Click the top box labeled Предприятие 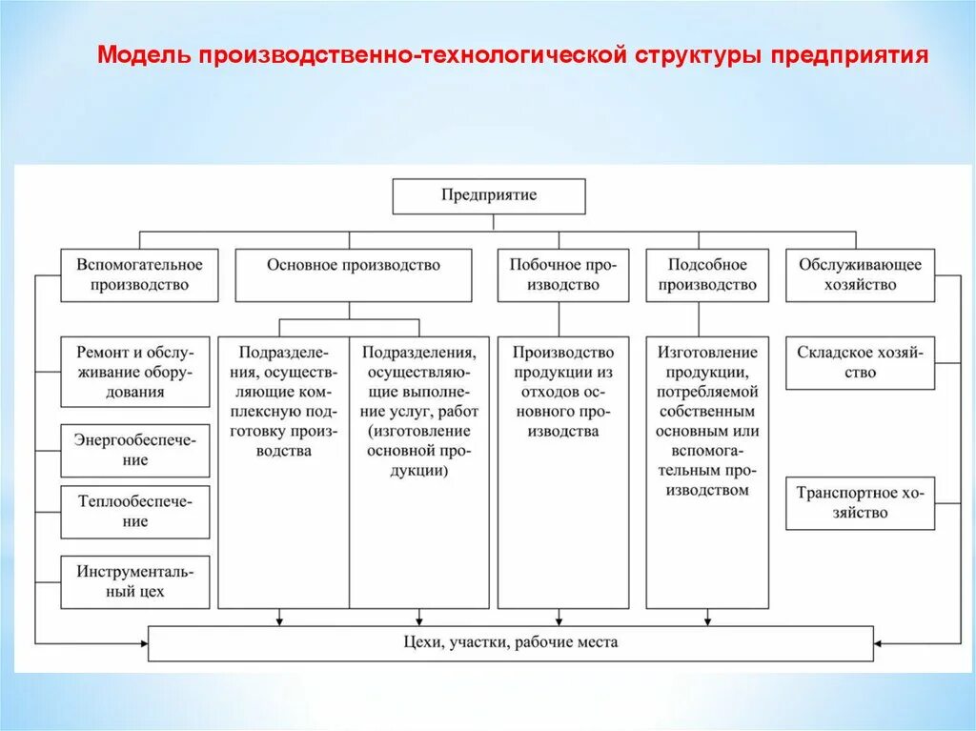click(489, 195)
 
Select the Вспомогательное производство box click(139, 274)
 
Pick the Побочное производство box click(562, 274)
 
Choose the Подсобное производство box click(706, 274)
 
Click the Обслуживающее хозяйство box click(860, 274)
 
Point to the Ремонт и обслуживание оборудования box click(135, 372)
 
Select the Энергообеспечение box click(135, 450)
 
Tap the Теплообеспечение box click(135, 512)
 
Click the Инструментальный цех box click(135, 581)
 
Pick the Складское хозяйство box click(860, 362)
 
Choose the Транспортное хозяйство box click(860, 503)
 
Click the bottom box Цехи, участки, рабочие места click(510, 642)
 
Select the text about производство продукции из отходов click(562, 392)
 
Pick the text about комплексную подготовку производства click(283, 401)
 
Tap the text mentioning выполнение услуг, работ click(419, 411)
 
